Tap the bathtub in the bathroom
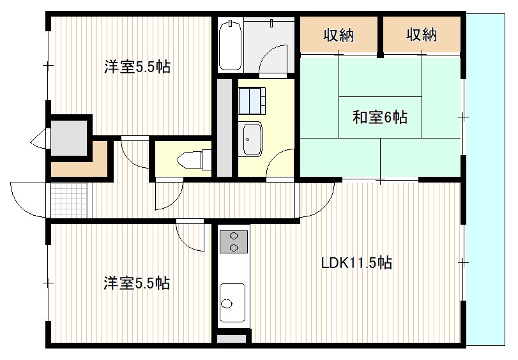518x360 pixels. [230, 45]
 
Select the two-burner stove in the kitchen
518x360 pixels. [234, 242]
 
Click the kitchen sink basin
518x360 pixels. [232, 303]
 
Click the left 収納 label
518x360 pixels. [339, 34]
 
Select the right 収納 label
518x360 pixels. [422, 34]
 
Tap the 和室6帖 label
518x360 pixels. [380, 117]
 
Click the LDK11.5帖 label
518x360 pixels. [357, 263]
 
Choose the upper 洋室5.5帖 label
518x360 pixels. [137, 67]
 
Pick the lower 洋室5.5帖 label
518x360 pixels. [137, 283]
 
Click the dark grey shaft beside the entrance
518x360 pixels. [69, 138]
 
